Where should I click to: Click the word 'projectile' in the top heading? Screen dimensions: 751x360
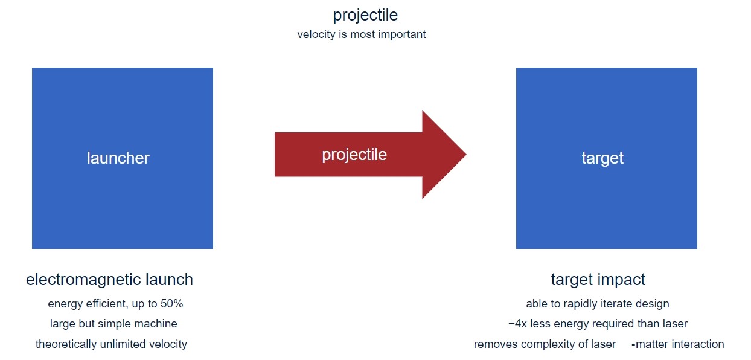365,16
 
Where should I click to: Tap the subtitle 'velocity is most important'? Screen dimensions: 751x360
362,34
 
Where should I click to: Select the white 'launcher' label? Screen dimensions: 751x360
118,158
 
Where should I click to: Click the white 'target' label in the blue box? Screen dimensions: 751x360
602,158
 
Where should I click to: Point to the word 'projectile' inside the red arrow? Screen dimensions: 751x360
354,155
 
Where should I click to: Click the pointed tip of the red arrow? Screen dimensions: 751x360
466,155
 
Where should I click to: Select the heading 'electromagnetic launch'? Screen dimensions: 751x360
110,280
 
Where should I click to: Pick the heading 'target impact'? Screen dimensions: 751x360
598,280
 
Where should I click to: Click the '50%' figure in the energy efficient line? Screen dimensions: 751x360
171,304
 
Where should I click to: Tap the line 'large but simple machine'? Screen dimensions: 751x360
113,323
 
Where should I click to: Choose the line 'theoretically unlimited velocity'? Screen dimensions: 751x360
111,344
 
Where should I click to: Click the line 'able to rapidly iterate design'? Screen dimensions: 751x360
598,304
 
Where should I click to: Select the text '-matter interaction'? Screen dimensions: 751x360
677,344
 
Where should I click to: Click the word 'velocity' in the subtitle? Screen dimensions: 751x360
316,34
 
